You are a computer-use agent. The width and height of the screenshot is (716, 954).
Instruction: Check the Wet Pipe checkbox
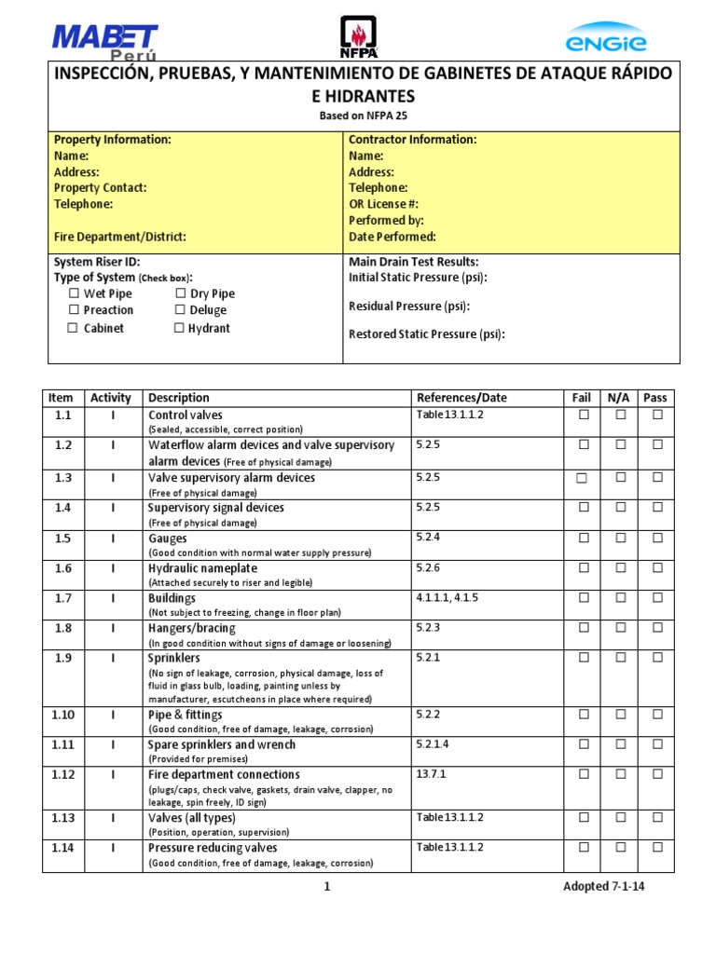tap(74, 294)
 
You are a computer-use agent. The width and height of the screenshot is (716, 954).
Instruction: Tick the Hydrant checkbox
tap(179, 328)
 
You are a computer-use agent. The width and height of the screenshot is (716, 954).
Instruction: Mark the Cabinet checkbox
tap(73, 328)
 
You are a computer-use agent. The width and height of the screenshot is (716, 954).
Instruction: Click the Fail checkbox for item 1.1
tap(584, 416)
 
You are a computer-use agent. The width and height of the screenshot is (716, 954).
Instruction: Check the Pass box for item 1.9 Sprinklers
tap(657, 658)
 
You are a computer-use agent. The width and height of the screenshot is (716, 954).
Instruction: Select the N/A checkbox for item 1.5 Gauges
tap(620, 538)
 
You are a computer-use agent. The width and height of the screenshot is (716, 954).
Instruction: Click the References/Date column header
tap(461, 398)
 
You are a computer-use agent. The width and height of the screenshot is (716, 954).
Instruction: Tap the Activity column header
tap(111, 398)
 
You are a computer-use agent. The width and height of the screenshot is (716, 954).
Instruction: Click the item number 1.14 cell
tap(62, 848)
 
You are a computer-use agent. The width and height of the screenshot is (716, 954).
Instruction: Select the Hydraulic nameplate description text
tap(202, 568)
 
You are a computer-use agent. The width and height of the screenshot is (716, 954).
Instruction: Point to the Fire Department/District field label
tap(119, 237)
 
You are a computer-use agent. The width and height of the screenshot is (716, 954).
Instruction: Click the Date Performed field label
tap(392, 237)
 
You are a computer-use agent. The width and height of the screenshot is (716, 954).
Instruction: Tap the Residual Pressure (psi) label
tap(409, 306)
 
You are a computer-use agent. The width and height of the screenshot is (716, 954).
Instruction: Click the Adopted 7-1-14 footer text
tap(603, 886)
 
